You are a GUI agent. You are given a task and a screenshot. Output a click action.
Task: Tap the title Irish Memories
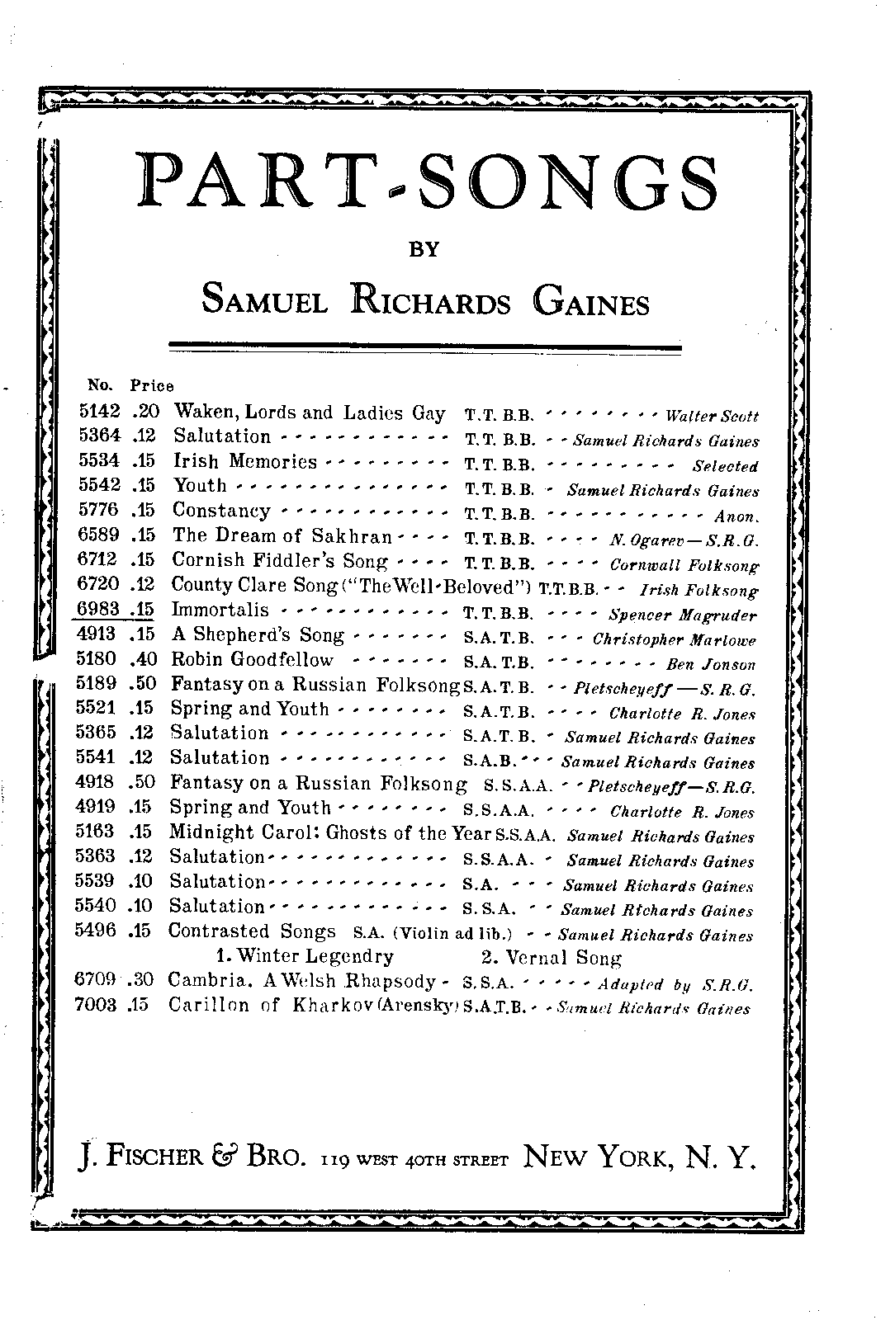[244, 462]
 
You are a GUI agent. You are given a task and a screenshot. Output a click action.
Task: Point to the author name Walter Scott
[711, 417]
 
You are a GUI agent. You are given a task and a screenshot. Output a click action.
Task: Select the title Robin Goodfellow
[252, 660]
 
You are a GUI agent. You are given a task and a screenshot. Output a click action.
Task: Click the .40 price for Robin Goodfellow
[142, 660]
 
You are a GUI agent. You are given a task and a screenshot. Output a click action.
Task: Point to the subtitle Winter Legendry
[304, 957]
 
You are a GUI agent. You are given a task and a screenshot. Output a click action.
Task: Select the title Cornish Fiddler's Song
[279, 561]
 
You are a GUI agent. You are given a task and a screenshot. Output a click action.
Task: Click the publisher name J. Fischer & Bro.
[196, 1159]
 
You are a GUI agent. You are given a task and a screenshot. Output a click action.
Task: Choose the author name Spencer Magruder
[682, 615]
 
